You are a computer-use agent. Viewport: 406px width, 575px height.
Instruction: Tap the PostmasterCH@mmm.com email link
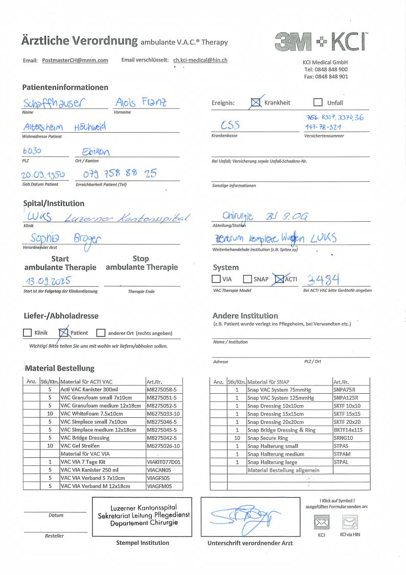[x=75, y=60]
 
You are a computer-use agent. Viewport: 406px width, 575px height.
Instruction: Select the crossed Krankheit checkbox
[x=256, y=103]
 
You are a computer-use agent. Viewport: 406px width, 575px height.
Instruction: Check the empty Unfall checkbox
[x=318, y=102]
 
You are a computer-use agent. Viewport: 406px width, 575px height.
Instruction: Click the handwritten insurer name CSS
[x=231, y=125]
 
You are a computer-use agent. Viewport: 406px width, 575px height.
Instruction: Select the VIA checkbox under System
[x=216, y=280]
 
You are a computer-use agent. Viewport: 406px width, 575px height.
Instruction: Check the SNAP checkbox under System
[x=247, y=280]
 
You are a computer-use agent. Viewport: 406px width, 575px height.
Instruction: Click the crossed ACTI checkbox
[x=279, y=280]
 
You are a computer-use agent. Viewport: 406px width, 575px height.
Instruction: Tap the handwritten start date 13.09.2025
[x=47, y=281]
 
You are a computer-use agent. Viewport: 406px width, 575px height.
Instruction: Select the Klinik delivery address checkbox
[x=28, y=333]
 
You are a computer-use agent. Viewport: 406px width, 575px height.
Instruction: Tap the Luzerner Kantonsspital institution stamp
[x=143, y=516]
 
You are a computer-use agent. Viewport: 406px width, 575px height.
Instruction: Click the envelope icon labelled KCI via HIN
[x=350, y=522]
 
